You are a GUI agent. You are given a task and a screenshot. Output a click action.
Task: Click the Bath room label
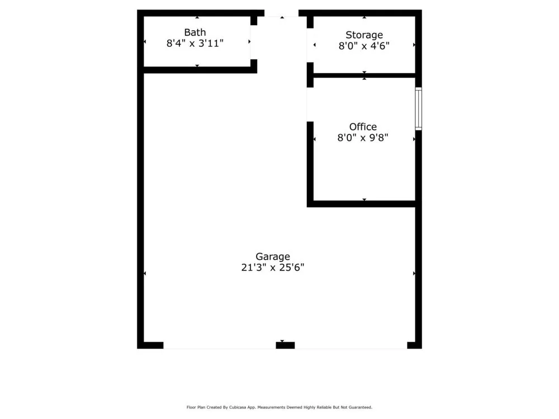[x=195, y=32]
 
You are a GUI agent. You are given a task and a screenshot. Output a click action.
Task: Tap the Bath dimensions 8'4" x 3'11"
[x=195, y=43]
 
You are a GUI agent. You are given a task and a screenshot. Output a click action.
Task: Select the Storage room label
[x=364, y=35]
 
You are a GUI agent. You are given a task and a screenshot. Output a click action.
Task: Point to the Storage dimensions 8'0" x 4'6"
[x=364, y=46]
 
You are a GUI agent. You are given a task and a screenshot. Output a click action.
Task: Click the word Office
[x=363, y=127]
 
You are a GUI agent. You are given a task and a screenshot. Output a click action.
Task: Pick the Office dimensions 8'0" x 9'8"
[x=363, y=137]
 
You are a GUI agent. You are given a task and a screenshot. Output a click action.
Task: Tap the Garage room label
[x=273, y=256]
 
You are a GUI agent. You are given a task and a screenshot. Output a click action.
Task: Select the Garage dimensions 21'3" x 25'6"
[x=273, y=268]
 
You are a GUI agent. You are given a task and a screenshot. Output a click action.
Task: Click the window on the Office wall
[x=418, y=109]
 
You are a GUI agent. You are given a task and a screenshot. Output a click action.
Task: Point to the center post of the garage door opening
[x=285, y=345]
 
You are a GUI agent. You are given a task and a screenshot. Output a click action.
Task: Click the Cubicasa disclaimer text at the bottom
[x=279, y=407]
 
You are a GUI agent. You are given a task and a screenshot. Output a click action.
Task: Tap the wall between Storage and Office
[x=363, y=75]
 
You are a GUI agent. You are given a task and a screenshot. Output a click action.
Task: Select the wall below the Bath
[x=198, y=70]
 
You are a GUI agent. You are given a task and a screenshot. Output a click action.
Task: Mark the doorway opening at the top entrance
[x=281, y=13]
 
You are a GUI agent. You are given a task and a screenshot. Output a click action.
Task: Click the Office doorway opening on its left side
[x=310, y=104]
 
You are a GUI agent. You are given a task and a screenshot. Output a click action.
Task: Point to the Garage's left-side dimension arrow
[x=145, y=273]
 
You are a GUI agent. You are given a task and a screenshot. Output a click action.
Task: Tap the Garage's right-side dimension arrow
[x=414, y=273]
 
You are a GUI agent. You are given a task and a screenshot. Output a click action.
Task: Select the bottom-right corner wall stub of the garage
[x=414, y=345]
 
